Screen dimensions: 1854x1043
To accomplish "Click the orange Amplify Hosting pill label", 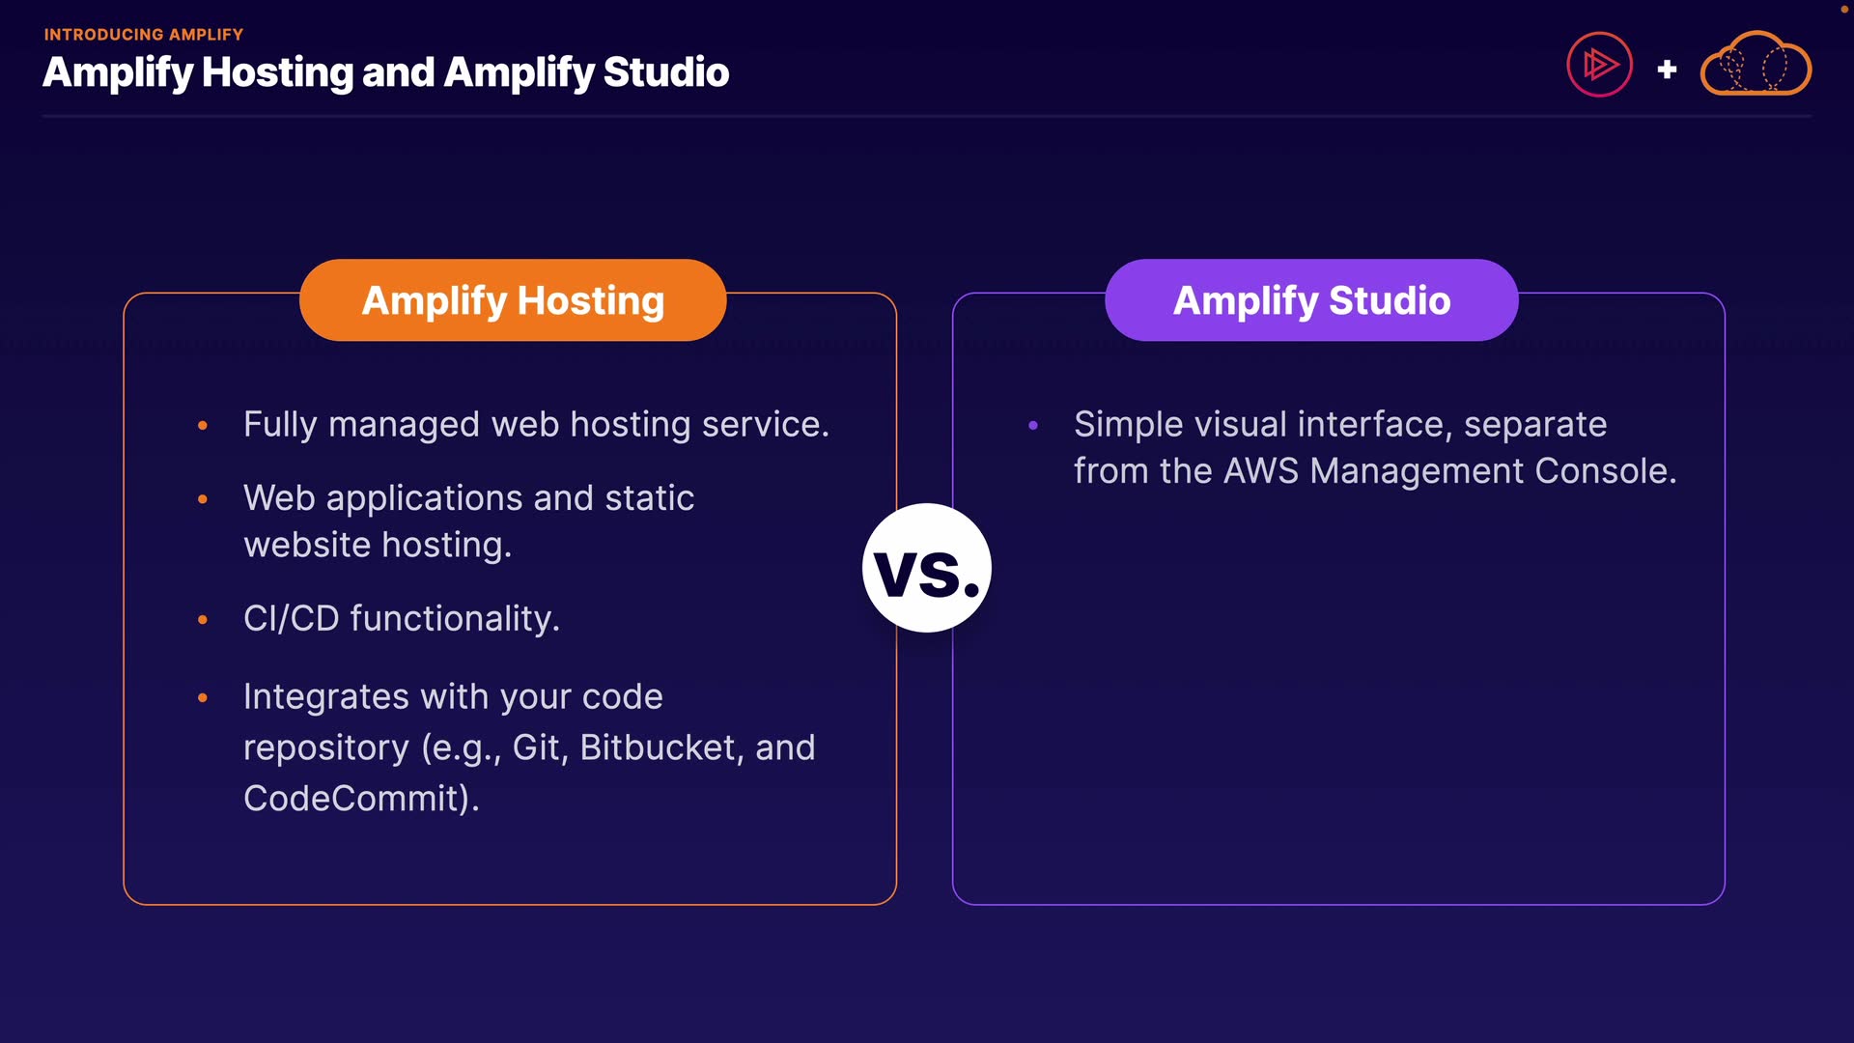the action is pyautogui.click(x=513, y=300).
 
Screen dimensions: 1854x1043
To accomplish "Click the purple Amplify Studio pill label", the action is pyautogui.click(x=1311, y=300).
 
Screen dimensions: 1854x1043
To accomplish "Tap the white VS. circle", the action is pyautogui.click(x=927, y=568).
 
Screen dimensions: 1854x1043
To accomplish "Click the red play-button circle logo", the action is pyautogui.click(x=1599, y=66).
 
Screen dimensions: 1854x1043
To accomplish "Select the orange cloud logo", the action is pyautogui.click(x=1756, y=65).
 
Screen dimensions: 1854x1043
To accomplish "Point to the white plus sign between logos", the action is pyautogui.click(x=1667, y=70).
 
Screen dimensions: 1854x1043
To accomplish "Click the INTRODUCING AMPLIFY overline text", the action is pyautogui.click(x=144, y=35).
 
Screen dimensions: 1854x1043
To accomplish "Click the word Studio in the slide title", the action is pyautogui.click(x=666, y=72).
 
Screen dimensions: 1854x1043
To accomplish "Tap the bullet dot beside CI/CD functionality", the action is pyautogui.click(x=203, y=620).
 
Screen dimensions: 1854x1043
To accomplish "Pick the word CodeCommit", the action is pyautogui.click(x=356, y=799).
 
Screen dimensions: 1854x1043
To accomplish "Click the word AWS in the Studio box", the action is pyautogui.click(x=1261, y=471).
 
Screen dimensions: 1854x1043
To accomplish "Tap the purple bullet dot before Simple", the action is pyautogui.click(x=1033, y=425).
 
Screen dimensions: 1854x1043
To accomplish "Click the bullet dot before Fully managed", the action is pyautogui.click(x=203, y=425).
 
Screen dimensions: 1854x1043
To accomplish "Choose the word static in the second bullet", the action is pyautogui.click(x=649, y=498).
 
